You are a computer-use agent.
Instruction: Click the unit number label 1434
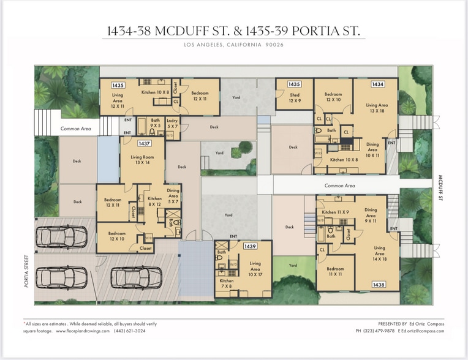coord(378,84)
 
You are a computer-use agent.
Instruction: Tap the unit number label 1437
coord(145,143)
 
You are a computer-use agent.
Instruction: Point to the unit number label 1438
coord(378,285)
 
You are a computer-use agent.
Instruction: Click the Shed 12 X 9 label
coord(294,98)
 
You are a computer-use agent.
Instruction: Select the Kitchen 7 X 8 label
coord(227,283)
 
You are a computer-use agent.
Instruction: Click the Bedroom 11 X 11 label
coord(335,272)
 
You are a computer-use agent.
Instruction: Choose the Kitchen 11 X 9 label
coord(334,212)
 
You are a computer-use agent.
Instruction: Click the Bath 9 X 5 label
coord(155,123)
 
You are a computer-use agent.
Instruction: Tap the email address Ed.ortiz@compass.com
coord(423,331)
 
